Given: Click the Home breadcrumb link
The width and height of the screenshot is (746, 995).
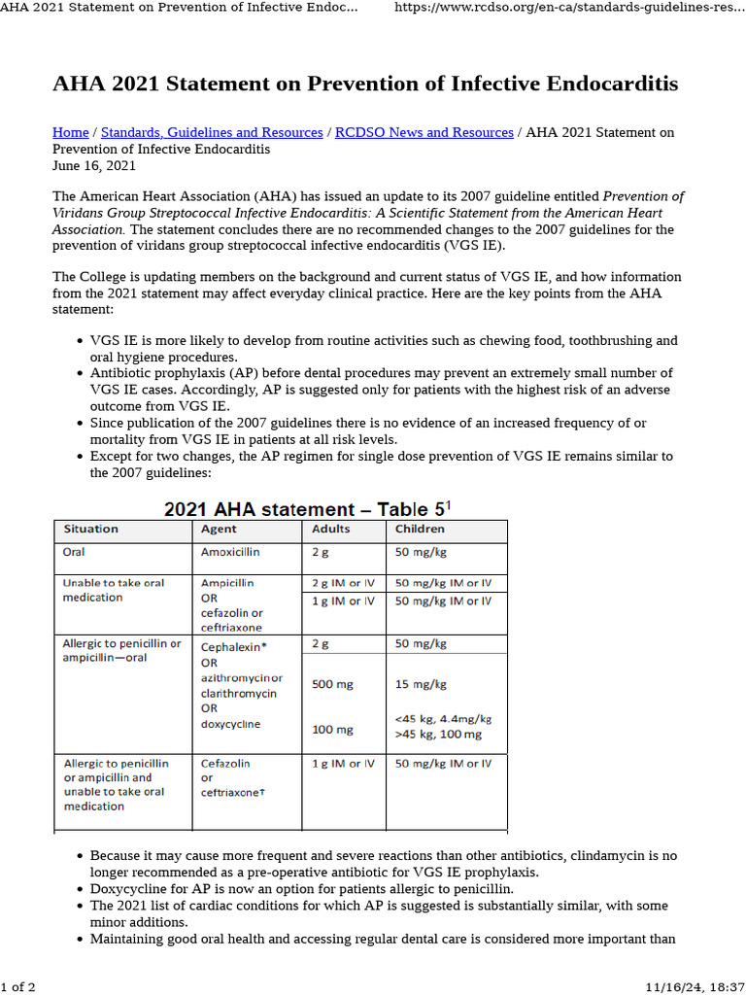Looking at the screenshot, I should pos(70,132).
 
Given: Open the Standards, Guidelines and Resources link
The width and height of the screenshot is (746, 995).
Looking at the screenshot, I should pos(212,132).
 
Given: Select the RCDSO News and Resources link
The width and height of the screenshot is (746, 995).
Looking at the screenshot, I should pos(424,132).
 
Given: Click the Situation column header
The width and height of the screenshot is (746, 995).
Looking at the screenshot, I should pos(90,530).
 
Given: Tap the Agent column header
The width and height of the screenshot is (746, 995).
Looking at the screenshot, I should pos(219,530).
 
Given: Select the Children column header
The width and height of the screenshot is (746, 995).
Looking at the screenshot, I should pos(420,530).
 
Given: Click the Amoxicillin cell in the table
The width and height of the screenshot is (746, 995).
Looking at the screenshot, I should pos(230,552).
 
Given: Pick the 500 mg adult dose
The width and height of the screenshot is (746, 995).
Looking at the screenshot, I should pos(332,684).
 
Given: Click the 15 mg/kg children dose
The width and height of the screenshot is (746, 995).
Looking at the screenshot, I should pos(421,684).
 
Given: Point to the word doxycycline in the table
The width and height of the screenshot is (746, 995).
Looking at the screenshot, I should pos(230,724).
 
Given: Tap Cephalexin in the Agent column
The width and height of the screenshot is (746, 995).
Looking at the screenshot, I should pos(232,645).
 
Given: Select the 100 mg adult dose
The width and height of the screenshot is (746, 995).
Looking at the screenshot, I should pos(332,730).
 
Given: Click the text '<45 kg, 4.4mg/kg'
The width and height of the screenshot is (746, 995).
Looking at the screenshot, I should pos(443,719).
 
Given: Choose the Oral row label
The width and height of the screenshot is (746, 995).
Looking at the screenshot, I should pos(75,552).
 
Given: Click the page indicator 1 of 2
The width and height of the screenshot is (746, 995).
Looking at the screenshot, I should pos(18,987).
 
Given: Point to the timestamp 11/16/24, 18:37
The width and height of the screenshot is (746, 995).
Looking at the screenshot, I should pos(693,987).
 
